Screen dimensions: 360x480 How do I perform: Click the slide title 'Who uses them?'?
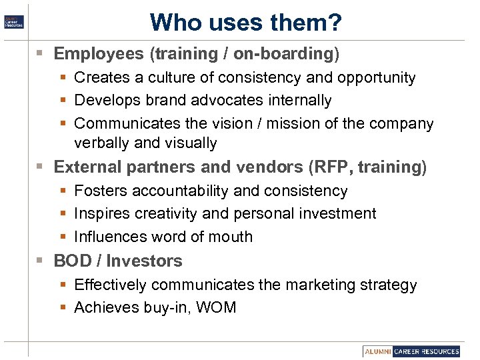245,22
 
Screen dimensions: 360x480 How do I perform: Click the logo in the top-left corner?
13,21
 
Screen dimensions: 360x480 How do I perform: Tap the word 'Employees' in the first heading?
99,53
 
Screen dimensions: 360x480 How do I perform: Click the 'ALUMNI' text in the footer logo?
378,351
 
